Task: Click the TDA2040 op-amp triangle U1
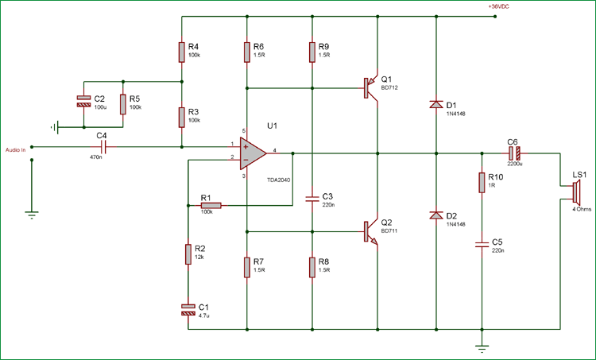tap(253, 151)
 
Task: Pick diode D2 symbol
tap(436, 215)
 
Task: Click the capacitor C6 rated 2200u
tap(514, 151)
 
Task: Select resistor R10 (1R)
tap(481, 183)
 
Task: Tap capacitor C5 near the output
tap(481, 245)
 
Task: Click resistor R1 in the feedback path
tap(211, 206)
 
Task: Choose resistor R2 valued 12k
tap(188, 254)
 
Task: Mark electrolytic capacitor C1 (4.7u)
tap(188, 309)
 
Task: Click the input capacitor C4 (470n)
tap(102, 146)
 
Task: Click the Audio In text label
tap(16, 149)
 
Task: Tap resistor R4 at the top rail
tap(182, 52)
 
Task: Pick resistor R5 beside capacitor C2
tap(123, 103)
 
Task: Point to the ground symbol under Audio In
tap(31, 212)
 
